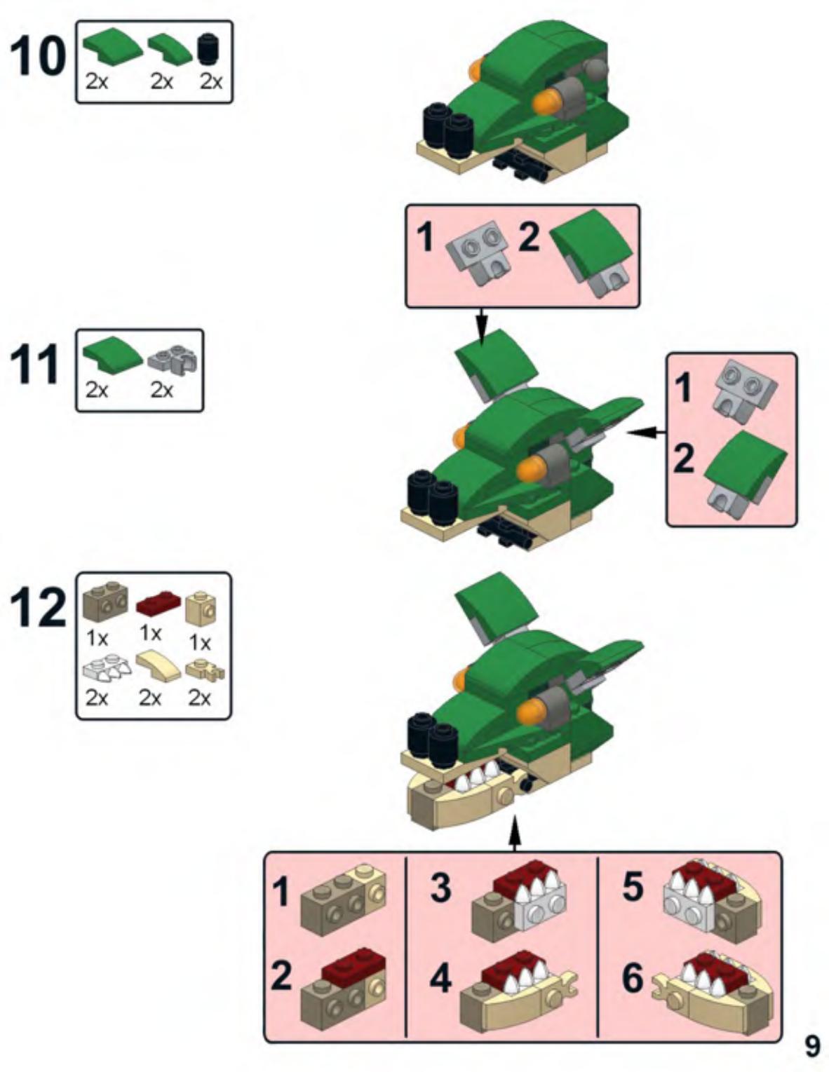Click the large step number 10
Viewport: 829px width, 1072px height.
click(x=37, y=57)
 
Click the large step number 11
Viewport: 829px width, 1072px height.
click(x=35, y=365)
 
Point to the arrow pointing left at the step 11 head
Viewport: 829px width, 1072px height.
click(x=647, y=433)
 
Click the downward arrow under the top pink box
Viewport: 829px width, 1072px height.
click(x=482, y=326)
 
